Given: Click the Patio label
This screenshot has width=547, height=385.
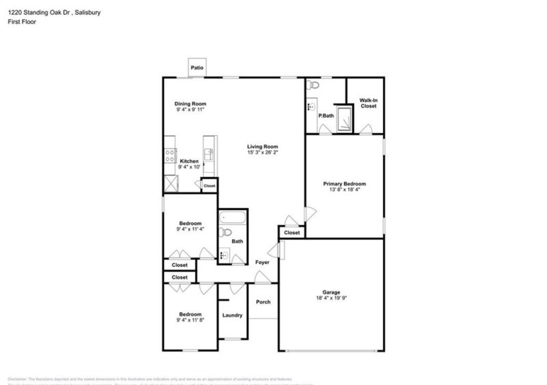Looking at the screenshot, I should click(x=198, y=68).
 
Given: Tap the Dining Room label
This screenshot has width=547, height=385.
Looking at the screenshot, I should click(x=190, y=103).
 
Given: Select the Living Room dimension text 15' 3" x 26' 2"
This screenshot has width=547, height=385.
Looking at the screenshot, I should click(x=263, y=153).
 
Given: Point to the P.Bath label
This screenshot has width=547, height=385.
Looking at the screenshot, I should click(x=325, y=115).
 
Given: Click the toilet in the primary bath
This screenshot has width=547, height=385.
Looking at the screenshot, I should click(x=313, y=85).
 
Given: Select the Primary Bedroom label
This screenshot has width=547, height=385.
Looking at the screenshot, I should click(x=345, y=184).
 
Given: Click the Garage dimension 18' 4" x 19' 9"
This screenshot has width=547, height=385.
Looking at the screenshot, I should click(x=328, y=298).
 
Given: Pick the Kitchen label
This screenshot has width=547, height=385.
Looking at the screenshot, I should click(x=189, y=161).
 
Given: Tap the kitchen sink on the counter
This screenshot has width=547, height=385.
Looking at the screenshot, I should click(x=210, y=153).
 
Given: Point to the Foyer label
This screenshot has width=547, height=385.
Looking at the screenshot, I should click(x=262, y=262).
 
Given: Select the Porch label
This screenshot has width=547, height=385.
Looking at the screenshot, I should click(x=263, y=302).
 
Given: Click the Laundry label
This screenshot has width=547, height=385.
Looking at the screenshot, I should click(x=232, y=315).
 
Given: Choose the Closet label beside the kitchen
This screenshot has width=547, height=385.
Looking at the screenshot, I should click(x=209, y=185).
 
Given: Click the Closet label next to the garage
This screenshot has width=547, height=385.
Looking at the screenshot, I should click(x=292, y=233).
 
